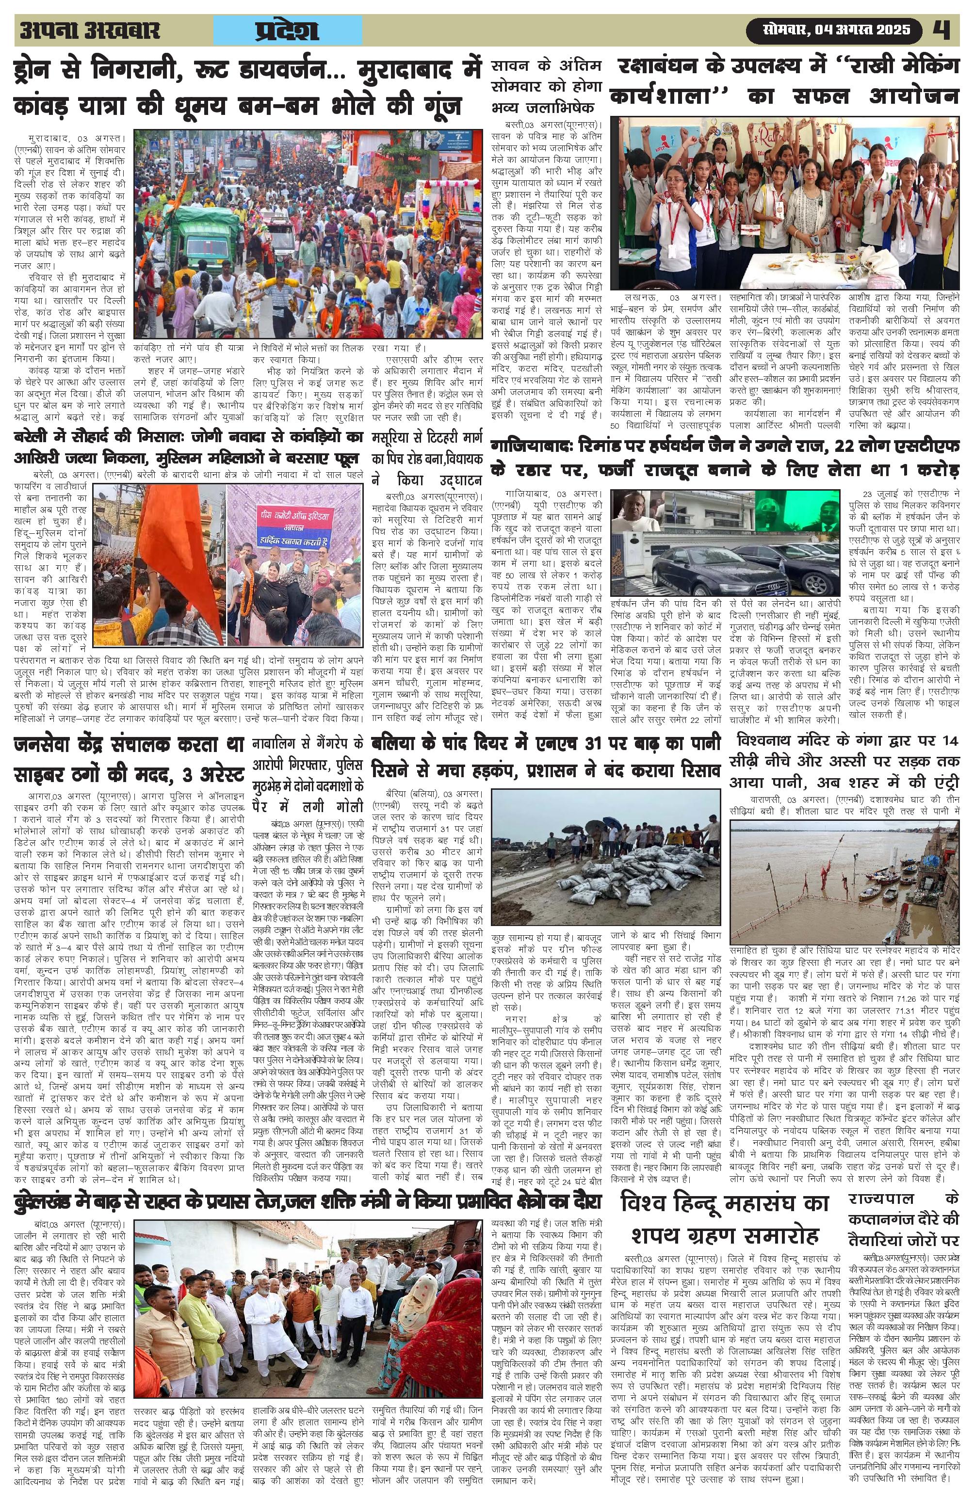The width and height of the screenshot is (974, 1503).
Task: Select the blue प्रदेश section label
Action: (288, 31)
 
